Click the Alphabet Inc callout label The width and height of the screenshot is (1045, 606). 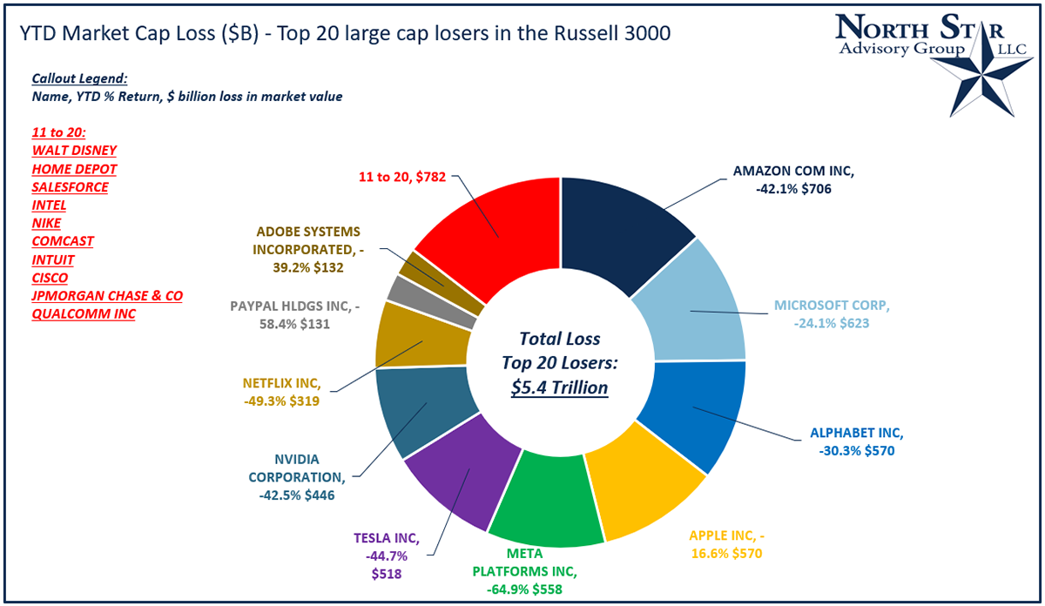coord(857,442)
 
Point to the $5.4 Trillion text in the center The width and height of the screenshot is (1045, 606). coord(560,387)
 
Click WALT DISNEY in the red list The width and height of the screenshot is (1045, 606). coord(74,151)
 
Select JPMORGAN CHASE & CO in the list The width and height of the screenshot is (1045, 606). coord(107,296)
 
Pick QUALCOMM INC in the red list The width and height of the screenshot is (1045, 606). coord(84,314)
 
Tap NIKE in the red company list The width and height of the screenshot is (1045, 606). coord(47,224)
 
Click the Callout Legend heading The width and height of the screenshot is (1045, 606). coord(79,77)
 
